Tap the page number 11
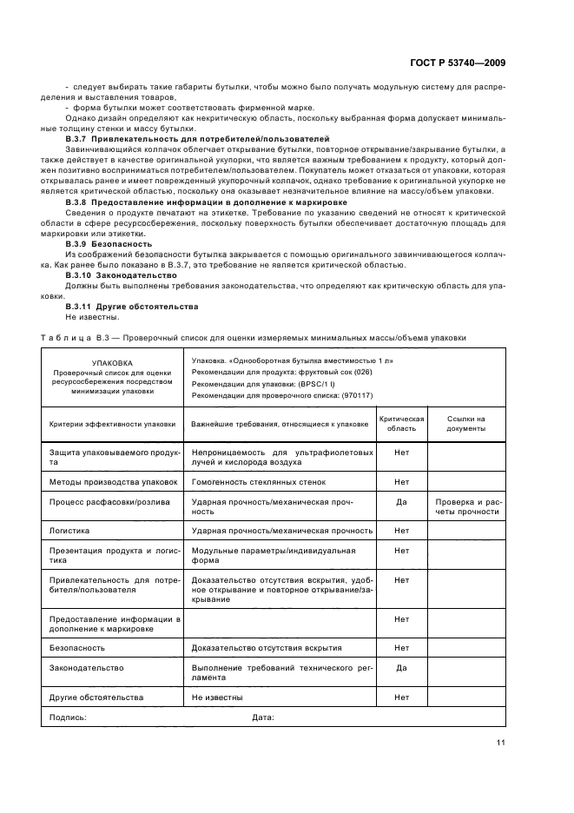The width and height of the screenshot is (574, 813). (501, 742)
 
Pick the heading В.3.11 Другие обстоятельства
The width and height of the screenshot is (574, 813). (120, 306)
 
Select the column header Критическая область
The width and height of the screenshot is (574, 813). (401, 423)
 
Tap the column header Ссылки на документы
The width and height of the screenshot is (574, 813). (465, 423)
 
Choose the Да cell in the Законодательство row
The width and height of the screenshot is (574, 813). (401, 668)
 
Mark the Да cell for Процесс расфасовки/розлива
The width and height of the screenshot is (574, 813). (401, 502)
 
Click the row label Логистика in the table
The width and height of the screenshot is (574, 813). (71, 530)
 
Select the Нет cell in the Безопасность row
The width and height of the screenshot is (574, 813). (401, 648)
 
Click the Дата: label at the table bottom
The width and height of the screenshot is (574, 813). (263, 717)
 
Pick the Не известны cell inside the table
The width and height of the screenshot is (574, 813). (217, 697)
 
